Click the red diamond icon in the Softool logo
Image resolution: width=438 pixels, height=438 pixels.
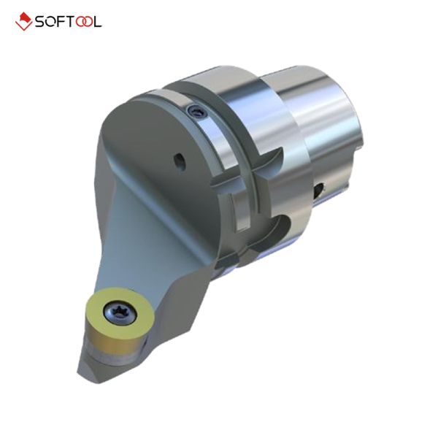click(x=24, y=21)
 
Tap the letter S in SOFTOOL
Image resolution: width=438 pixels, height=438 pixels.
click(x=41, y=22)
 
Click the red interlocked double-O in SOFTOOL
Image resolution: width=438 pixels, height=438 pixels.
click(x=83, y=22)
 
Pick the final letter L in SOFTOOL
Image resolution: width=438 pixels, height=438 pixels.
click(x=98, y=22)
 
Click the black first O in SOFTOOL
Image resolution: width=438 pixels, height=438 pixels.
click(x=51, y=22)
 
